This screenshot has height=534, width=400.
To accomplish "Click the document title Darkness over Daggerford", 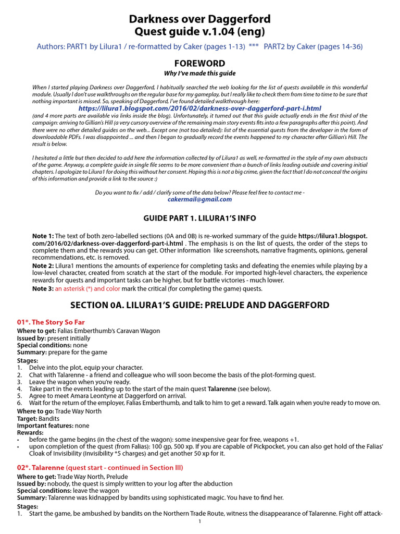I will click(200, 19).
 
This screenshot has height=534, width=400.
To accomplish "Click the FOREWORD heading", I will click(200, 64).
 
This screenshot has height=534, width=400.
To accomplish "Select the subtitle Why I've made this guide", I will click(200, 74).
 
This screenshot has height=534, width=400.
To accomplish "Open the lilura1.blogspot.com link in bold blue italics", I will click(200, 108).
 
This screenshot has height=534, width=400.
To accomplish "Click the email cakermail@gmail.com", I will click(200, 199).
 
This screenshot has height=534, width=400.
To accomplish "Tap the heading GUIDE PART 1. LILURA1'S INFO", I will click(200, 218).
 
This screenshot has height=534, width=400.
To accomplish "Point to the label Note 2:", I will click(43, 266).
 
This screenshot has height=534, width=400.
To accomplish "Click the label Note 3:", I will click(43, 288).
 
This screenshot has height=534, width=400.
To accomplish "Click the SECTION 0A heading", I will click(200, 305).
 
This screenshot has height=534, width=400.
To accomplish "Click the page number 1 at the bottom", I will click(200, 521).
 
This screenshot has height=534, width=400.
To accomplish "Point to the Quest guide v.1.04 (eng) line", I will click(200, 32).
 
